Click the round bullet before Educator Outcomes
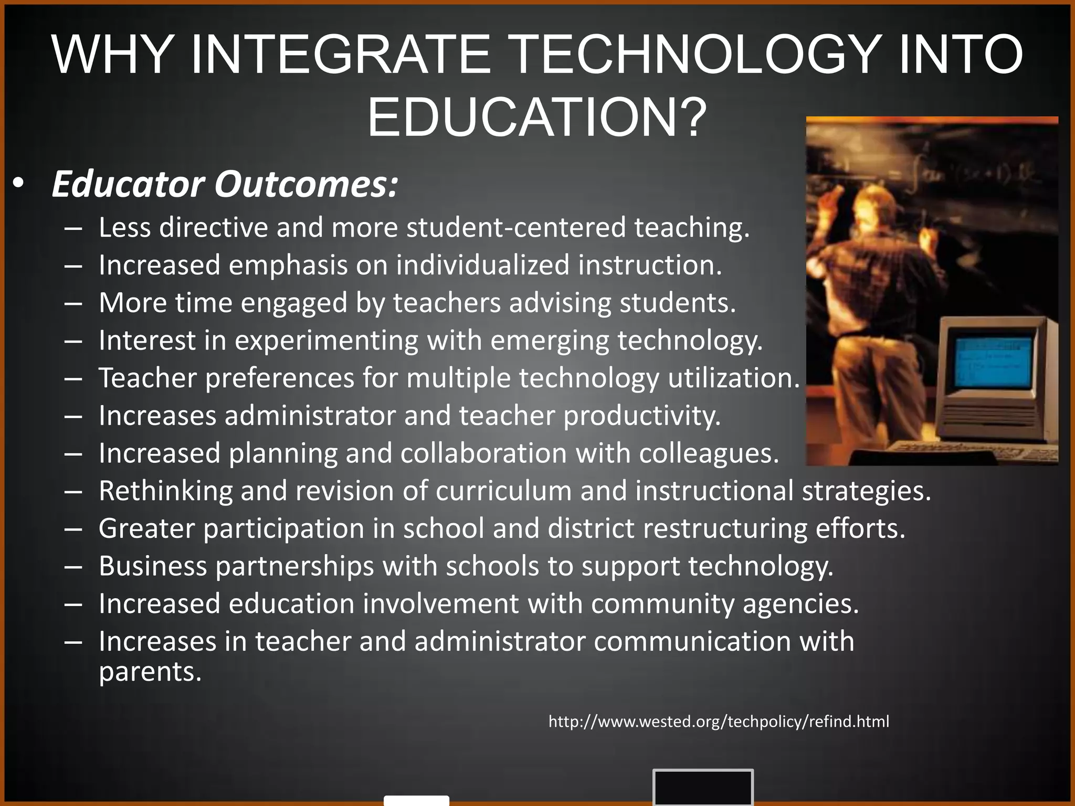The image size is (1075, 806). [19, 184]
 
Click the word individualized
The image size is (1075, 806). [483, 265]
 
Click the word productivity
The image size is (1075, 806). [642, 416]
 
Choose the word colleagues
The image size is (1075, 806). [709, 453]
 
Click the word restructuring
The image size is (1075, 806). [725, 528]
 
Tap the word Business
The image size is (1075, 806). [153, 566]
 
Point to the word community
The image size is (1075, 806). [662, 604]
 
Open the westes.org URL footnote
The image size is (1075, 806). [719, 722]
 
